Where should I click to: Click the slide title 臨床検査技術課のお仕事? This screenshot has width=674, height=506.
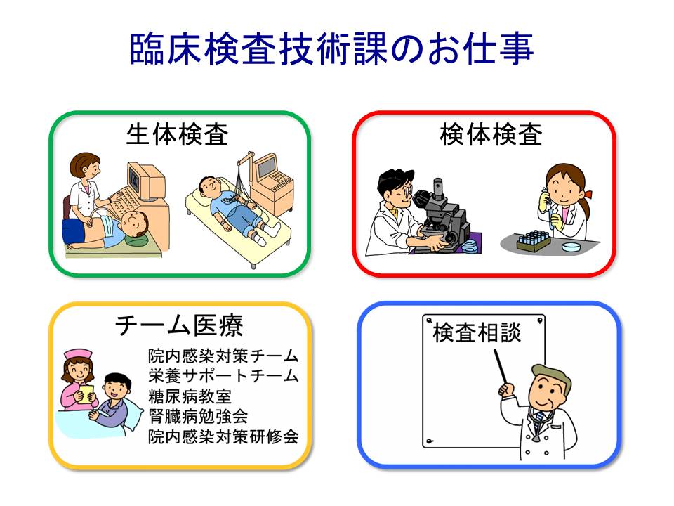tap(332, 48)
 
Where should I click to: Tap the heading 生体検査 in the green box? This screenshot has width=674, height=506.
tap(177, 135)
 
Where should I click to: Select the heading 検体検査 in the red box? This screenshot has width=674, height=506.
tap(491, 135)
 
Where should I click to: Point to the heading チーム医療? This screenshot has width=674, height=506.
tap(179, 325)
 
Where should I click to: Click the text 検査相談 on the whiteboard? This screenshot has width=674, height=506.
tap(477, 332)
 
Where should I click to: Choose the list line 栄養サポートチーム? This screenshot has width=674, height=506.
tap(223, 375)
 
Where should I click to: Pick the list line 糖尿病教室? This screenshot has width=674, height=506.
tap(190, 396)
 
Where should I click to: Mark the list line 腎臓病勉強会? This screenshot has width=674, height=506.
tap(198, 416)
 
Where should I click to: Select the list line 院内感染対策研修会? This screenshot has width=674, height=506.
tap(223, 436)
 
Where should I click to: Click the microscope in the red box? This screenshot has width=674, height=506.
tap(443, 215)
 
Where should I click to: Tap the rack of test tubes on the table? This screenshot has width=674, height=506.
tap(533, 240)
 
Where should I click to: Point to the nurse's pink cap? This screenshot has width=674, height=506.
tap(78, 354)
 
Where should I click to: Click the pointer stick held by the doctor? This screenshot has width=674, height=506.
tap(501, 367)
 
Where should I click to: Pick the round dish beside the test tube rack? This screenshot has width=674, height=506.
tap(571, 247)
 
